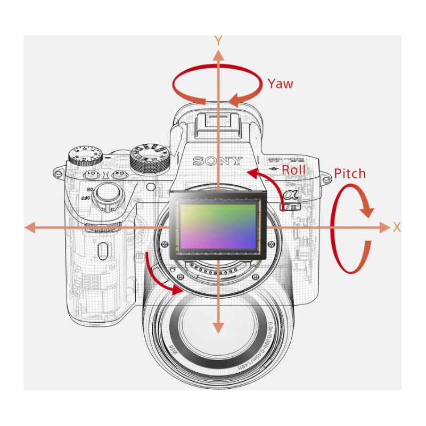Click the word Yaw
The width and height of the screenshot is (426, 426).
pos(280,84)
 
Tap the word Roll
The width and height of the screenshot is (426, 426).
pos(294,170)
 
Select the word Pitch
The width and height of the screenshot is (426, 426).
pos(350,174)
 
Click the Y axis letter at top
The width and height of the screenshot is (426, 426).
pos(217,40)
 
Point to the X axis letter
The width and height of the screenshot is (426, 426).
pos(397,227)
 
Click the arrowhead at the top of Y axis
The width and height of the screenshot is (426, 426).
pos(217,54)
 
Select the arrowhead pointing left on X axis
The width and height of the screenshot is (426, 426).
pos(30,227)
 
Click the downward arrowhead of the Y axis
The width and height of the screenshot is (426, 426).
pos(217,329)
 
